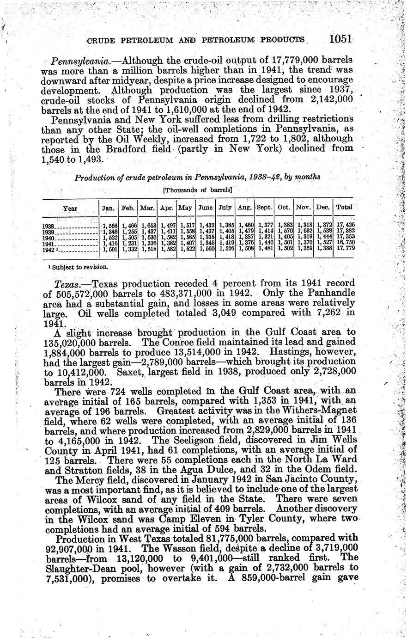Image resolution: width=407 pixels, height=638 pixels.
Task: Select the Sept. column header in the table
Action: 264,208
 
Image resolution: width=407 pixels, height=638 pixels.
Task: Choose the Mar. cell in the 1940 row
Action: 147,237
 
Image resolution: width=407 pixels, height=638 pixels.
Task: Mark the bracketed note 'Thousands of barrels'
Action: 197,190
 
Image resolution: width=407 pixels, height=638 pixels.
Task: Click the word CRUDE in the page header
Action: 103,40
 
